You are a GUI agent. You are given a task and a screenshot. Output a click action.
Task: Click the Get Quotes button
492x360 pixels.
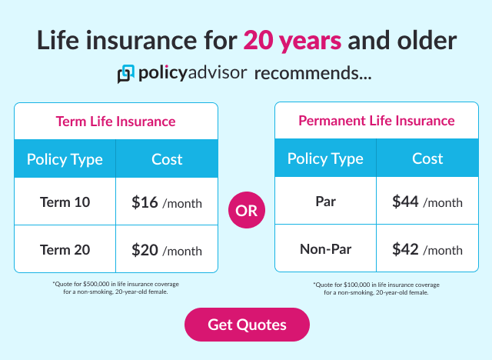[x=247, y=325]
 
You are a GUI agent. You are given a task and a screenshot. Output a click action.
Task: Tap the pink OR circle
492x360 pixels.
[x=247, y=211]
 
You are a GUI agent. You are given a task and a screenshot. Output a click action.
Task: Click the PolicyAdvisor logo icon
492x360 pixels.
[x=125, y=75]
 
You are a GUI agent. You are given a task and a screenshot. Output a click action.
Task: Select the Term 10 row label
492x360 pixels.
[x=65, y=203]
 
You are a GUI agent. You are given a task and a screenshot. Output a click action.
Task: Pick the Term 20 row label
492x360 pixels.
[x=65, y=250]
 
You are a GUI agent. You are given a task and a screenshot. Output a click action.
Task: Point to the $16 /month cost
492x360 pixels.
[x=167, y=203]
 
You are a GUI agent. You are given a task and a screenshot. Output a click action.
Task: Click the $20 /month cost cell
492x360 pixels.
[x=167, y=250]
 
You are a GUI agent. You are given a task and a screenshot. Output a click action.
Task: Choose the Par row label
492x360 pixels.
[x=325, y=202]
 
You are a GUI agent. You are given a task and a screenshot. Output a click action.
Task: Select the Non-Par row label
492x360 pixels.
[x=325, y=249]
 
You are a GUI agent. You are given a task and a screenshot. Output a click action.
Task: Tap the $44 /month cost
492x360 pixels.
[x=427, y=202]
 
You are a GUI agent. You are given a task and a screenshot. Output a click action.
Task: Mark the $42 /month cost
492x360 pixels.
[x=427, y=249]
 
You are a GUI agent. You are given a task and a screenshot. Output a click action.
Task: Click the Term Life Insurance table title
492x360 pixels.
[x=115, y=122]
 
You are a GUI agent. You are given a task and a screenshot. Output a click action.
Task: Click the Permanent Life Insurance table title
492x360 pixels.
[x=376, y=121]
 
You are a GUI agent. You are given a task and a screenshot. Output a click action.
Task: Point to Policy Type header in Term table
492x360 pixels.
[x=65, y=160]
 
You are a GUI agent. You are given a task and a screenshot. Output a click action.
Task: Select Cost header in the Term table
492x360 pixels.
[x=167, y=160]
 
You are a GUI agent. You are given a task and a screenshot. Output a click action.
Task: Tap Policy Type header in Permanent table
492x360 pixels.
[x=325, y=159]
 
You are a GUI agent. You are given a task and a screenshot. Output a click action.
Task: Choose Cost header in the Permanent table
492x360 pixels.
[x=427, y=159]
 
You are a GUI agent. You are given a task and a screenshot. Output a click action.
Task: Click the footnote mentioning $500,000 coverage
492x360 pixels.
[x=115, y=288]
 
